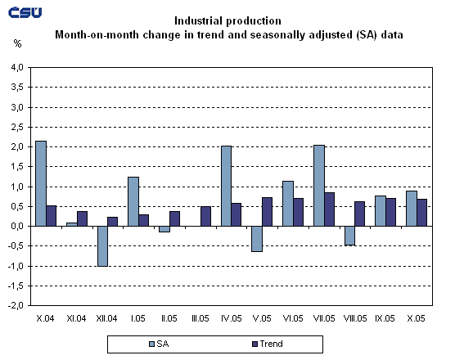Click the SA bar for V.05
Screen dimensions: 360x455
point(256,239)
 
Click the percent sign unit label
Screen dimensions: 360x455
point(18,41)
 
